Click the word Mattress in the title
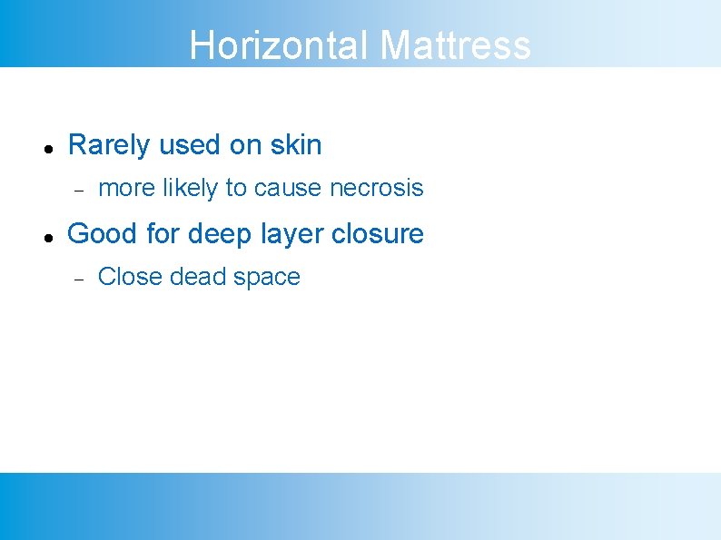pyautogui.click(x=455, y=44)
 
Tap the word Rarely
pyautogui.click(x=108, y=145)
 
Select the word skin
pyautogui.click(x=296, y=145)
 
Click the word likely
pyautogui.click(x=190, y=188)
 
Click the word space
pyautogui.click(x=266, y=277)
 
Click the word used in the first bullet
pyautogui.click(x=186, y=145)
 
